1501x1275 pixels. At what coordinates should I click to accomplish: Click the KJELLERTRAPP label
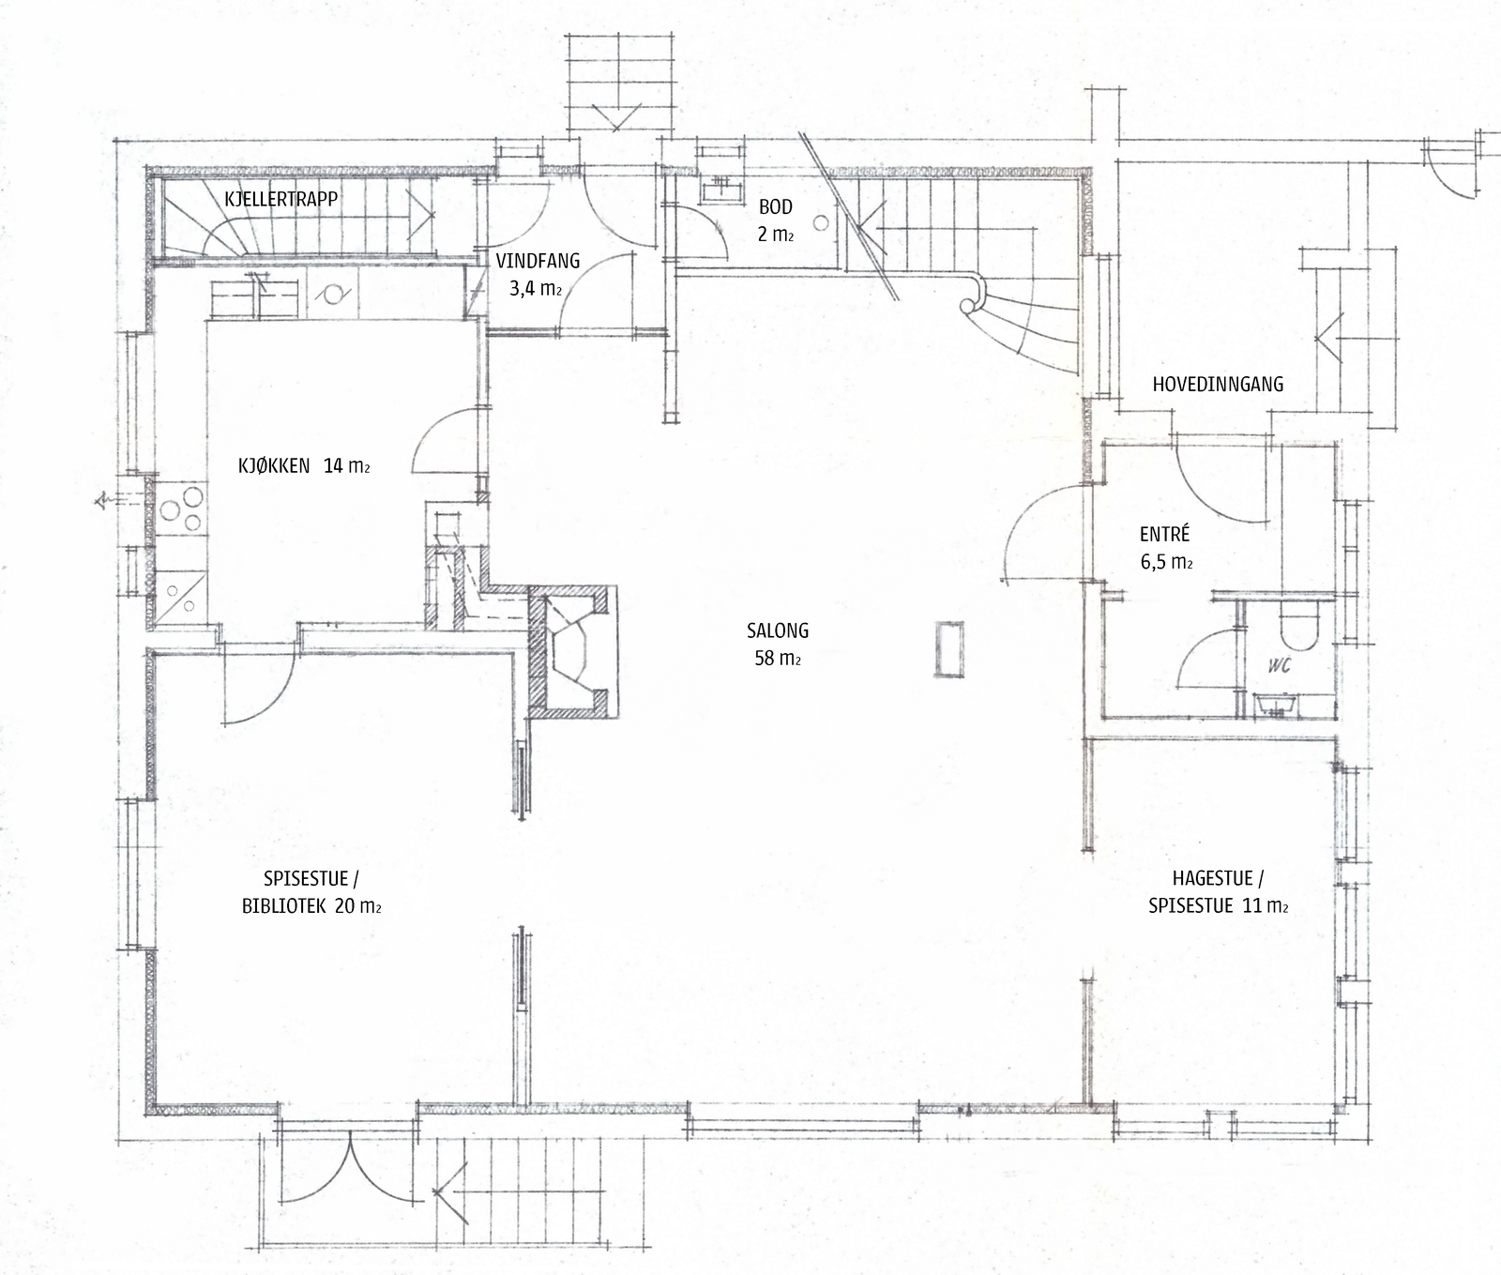point(280,199)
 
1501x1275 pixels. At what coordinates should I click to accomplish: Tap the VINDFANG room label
point(538,262)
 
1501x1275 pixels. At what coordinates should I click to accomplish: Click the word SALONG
point(777,630)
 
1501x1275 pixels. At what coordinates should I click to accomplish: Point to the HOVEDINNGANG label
point(1218,384)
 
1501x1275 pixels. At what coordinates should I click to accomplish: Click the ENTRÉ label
point(1164,534)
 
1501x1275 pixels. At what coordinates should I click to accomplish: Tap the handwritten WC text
point(1279,665)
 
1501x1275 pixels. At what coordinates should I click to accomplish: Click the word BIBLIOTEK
point(284,906)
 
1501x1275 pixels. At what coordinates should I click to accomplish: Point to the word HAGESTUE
point(1212,879)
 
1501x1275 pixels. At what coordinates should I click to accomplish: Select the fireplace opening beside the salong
point(572,652)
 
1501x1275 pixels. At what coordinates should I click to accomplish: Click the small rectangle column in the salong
point(948,648)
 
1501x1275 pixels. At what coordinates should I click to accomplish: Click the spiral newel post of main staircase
point(967,306)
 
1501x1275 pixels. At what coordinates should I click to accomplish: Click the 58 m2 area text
point(777,659)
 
